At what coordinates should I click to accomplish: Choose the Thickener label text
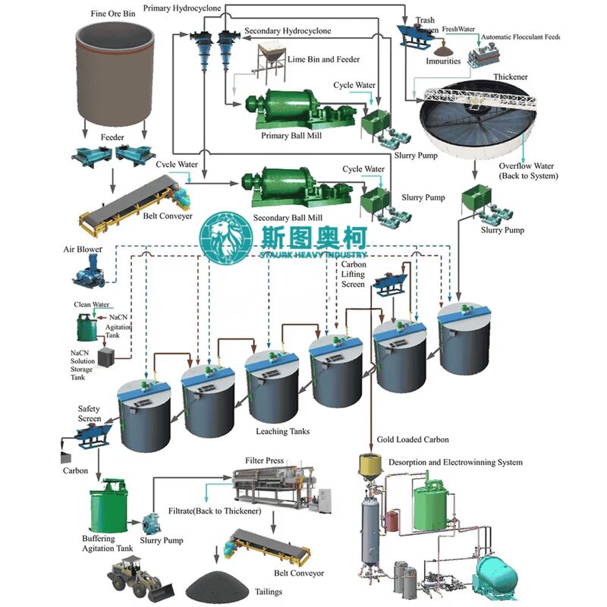tap(510, 77)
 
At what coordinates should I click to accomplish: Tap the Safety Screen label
tap(90, 414)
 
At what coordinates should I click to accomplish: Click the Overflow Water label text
tap(527, 171)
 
